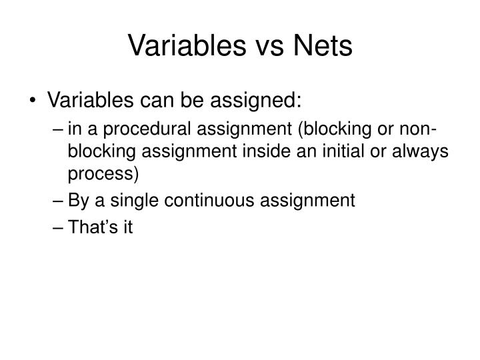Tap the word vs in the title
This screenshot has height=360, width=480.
point(267,46)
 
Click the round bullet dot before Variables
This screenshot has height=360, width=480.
point(34,102)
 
